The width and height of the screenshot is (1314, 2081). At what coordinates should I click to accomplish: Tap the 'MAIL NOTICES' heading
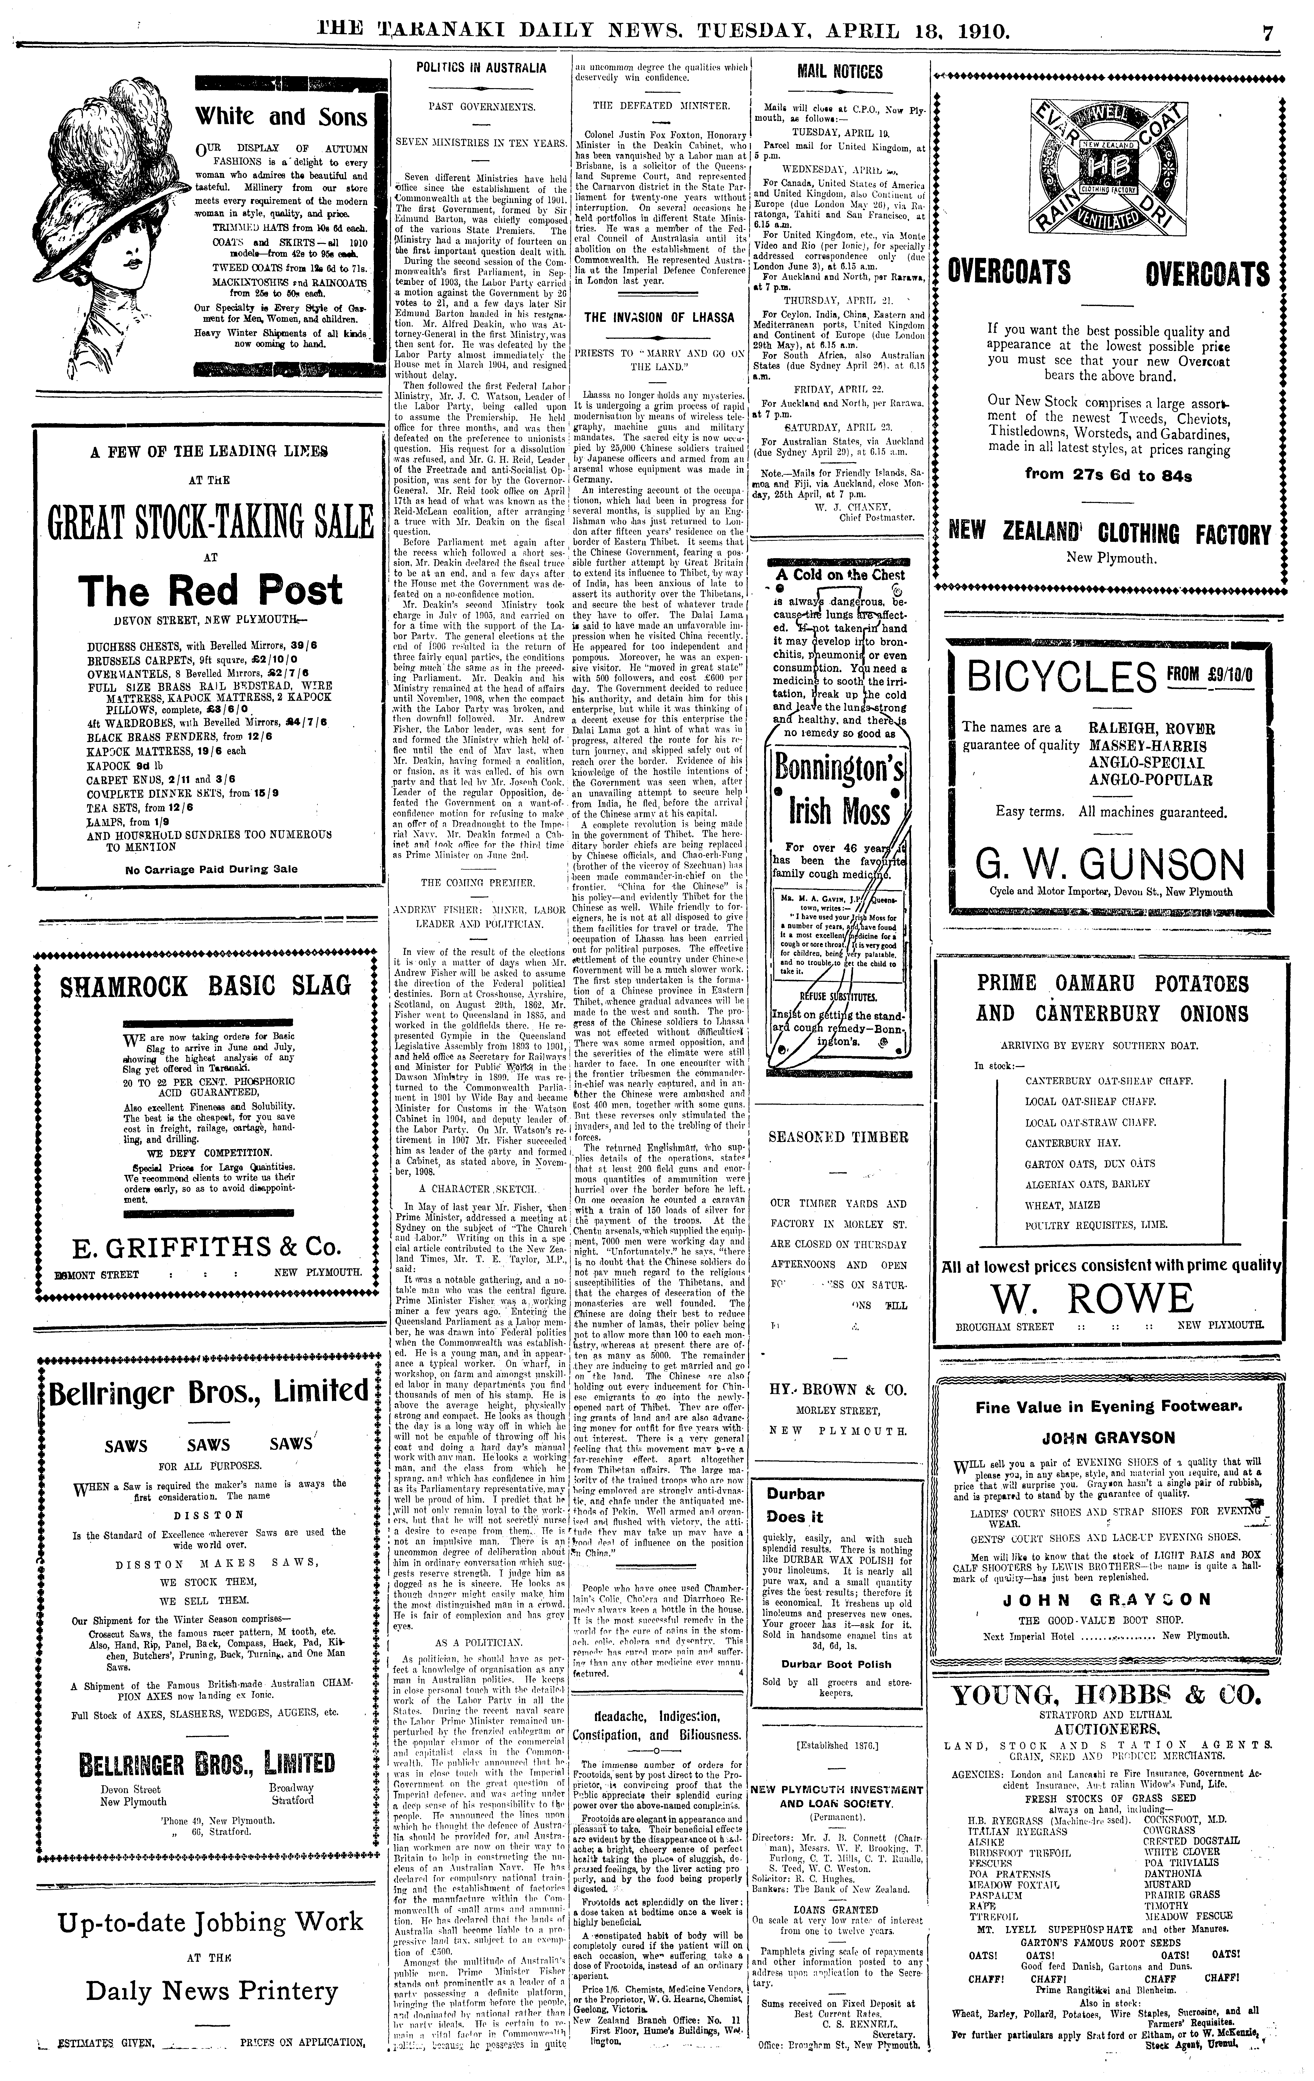tap(839, 72)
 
